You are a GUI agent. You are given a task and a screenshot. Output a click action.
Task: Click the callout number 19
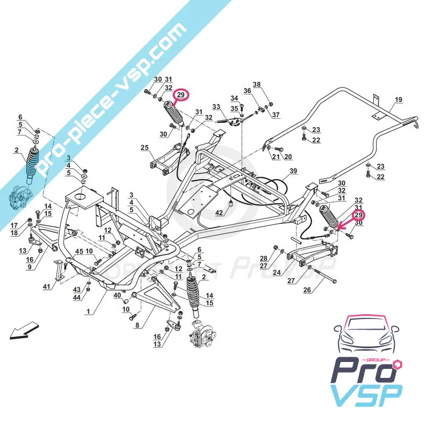tap(399, 99)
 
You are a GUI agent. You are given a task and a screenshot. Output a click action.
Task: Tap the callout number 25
tap(145, 147)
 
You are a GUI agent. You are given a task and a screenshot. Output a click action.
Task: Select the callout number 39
tap(293, 171)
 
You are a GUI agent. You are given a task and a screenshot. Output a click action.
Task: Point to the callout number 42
tap(219, 213)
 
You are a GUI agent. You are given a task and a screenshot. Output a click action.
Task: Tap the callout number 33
tap(216, 107)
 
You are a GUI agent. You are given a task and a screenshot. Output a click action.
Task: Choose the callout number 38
tap(257, 85)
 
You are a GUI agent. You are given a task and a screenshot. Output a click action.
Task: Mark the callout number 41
tap(47, 287)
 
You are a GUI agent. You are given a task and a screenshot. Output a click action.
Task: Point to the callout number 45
tap(79, 251)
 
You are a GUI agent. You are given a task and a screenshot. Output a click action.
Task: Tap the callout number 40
tap(116, 295)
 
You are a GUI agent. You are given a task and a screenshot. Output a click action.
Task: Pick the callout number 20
tap(288, 156)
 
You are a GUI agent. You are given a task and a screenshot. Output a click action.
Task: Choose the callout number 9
tap(29, 267)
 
